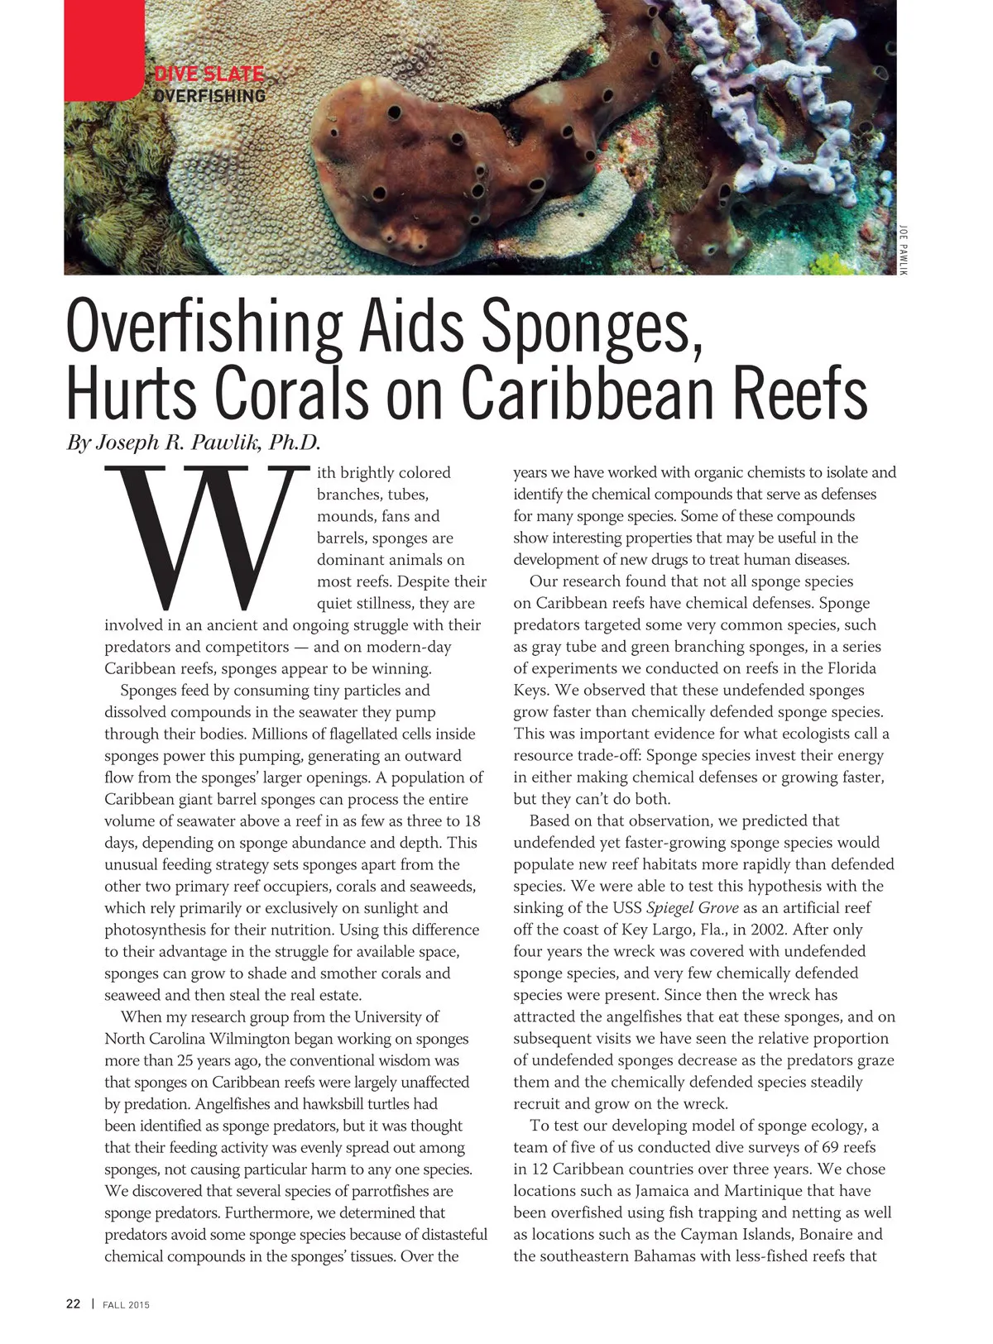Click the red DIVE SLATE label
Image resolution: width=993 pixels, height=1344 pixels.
[x=209, y=74]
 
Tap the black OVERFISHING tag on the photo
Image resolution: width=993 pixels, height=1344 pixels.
[x=209, y=96]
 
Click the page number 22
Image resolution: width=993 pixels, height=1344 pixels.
[x=74, y=1304]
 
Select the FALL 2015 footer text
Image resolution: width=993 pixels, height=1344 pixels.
[x=126, y=1305]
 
